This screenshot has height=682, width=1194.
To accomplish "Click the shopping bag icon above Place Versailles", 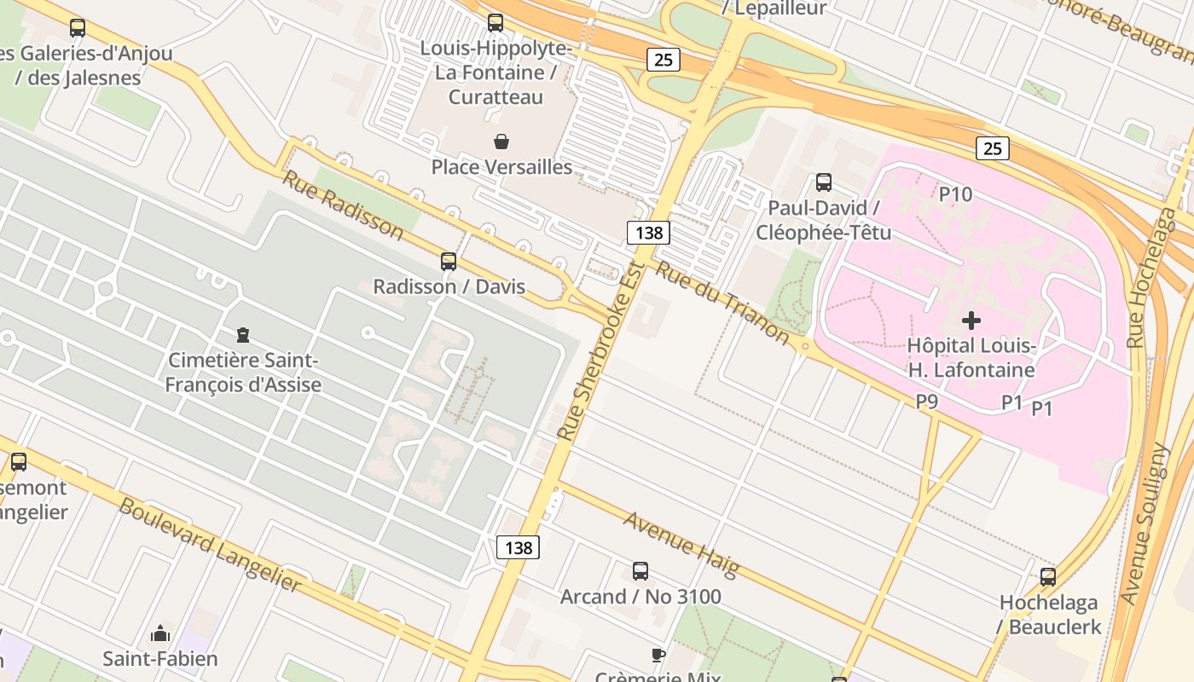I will pyautogui.click(x=501, y=142).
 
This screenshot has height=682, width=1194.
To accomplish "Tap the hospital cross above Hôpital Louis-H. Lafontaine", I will pyautogui.click(x=971, y=321).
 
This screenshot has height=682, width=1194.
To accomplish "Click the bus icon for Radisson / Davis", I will pyautogui.click(x=449, y=262).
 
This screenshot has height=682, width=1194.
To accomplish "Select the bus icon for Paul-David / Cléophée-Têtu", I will pyautogui.click(x=823, y=182).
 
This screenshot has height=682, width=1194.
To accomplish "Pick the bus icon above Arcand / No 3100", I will pyautogui.click(x=640, y=571).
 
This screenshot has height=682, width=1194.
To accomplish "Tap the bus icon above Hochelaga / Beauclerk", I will pyautogui.click(x=1048, y=577).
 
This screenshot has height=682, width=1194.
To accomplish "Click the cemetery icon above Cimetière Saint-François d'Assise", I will pyautogui.click(x=243, y=335).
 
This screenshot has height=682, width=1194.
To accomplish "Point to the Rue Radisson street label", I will pyautogui.click(x=342, y=205).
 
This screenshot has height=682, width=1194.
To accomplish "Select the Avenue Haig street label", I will pyautogui.click(x=681, y=543).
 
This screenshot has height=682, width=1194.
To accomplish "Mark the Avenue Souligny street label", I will pyautogui.click(x=1146, y=524).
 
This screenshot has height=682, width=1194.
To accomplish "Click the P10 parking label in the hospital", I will pyautogui.click(x=955, y=194).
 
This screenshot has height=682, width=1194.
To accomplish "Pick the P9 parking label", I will pyautogui.click(x=927, y=401).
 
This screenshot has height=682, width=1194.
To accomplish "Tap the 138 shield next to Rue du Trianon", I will pyautogui.click(x=648, y=232).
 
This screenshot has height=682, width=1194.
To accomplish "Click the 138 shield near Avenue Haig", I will pyautogui.click(x=518, y=547).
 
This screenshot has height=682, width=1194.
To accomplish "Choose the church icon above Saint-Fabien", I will pyautogui.click(x=160, y=633).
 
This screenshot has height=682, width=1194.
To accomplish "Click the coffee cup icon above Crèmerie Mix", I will pyautogui.click(x=658, y=655).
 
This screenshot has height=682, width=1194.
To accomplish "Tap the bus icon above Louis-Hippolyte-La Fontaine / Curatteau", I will pyautogui.click(x=495, y=23).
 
